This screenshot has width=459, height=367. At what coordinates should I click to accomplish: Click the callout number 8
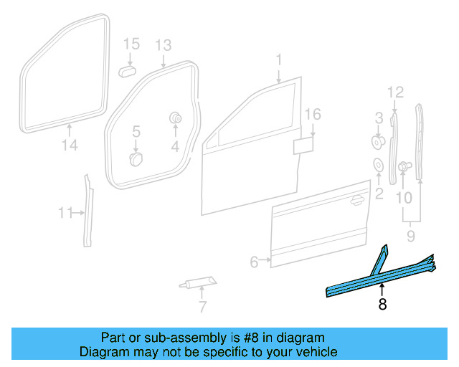[x=382, y=305]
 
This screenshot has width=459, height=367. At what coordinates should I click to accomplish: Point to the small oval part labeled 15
[x=128, y=71]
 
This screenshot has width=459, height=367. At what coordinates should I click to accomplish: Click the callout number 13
[x=164, y=45]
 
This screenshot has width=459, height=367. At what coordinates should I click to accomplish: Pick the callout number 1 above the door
[x=280, y=59]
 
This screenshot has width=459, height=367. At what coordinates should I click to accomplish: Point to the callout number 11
[x=66, y=212]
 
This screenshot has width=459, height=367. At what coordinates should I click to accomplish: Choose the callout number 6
[x=254, y=262]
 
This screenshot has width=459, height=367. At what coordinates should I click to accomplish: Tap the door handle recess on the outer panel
[x=355, y=201]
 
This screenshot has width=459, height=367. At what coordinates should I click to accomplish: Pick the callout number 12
[x=396, y=91]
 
